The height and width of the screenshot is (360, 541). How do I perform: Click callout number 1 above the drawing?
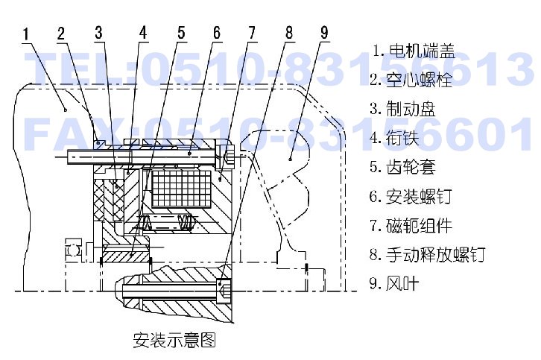(x=26, y=34)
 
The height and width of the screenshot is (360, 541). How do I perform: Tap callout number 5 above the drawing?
(x=182, y=33)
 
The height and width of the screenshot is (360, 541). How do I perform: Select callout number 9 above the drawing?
(x=324, y=33)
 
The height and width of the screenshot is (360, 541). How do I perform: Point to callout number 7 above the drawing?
(x=252, y=33)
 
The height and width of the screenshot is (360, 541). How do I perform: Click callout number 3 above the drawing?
(x=99, y=33)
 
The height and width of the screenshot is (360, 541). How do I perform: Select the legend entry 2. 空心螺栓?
(x=411, y=80)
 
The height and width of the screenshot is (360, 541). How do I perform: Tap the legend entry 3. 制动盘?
(x=402, y=109)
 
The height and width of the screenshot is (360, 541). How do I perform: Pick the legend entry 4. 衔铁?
(x=394, y=138)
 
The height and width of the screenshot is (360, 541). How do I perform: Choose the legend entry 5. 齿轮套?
(x=402, y=167)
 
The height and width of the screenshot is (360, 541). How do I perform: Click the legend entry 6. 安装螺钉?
(x=411, y=196)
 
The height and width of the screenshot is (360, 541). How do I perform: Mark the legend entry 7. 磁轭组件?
(x=411, y=225)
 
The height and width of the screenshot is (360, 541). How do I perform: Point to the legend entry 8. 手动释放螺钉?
(x=428, y=254)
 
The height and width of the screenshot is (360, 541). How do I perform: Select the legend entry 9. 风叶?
(x=394, y=283)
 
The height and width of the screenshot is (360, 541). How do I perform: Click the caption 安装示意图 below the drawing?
(x=174, y=340)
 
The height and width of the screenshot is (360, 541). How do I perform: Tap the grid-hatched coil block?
(x=181, y=189)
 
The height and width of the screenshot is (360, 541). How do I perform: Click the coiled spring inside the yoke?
(x=167, y=222)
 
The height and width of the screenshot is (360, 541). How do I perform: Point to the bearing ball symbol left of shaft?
(x=74, y=250)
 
